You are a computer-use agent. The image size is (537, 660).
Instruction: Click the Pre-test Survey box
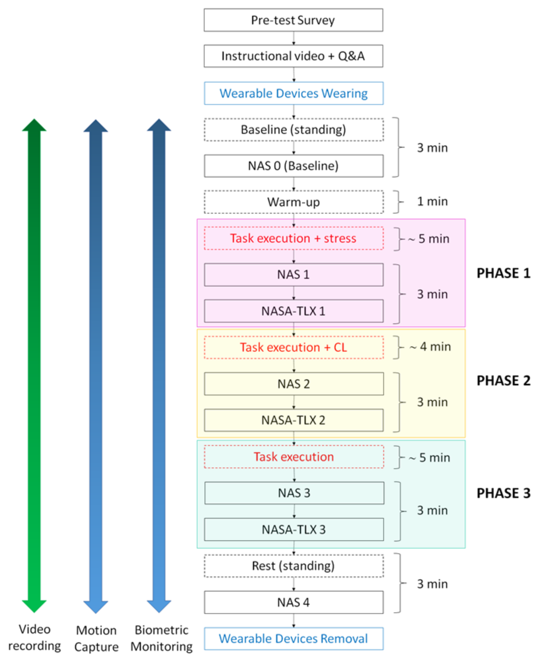(293, 20)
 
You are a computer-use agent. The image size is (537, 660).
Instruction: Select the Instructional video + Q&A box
(293, 56)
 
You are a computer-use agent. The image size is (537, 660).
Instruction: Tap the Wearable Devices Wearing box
(293, 93)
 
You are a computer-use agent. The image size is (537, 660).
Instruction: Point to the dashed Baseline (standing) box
(293, 130)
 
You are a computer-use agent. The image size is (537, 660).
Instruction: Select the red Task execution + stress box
(293, 238)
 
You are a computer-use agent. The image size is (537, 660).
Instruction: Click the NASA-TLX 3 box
(293, 529)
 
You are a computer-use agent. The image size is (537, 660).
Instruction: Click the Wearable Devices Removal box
(293, 638)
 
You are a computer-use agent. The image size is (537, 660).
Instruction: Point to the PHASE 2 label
(503, 381)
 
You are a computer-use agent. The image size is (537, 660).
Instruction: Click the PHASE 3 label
(503, 493)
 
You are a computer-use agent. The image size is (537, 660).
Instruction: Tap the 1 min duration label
(432, 201)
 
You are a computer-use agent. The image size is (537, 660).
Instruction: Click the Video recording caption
(34, 637)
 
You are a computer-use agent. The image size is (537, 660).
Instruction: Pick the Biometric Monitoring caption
(161, 638)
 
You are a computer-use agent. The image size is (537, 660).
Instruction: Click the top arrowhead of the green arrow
(34, 125)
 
